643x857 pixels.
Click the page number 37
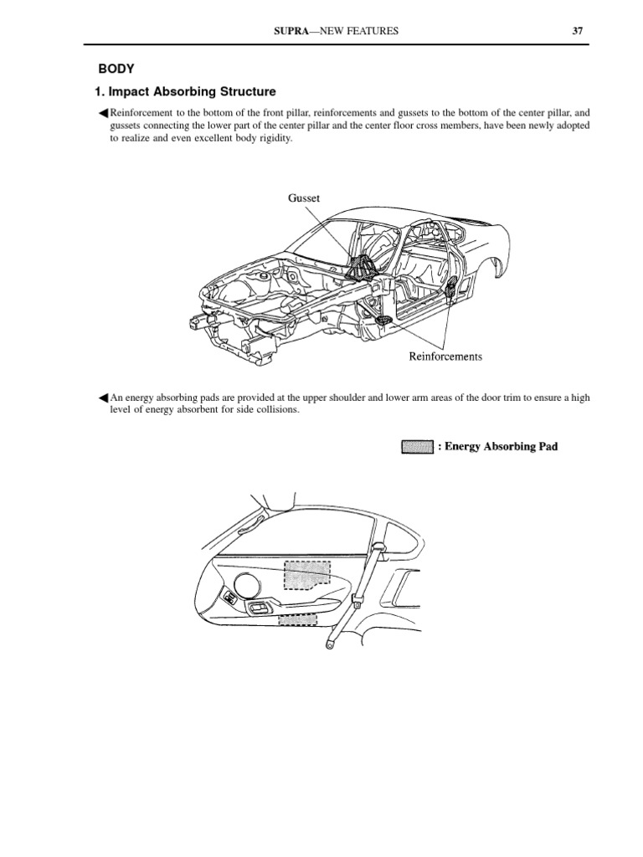[x=577, y=31]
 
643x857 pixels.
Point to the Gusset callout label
[x=304, y=198]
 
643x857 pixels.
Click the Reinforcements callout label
[x=445, y=357]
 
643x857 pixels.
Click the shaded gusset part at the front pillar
[x=362, y=265]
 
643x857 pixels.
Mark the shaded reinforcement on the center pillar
[x=451, y=290]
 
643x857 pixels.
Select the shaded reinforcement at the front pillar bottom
[x=383, y=322]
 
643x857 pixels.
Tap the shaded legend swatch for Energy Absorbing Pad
[x=416, y=447]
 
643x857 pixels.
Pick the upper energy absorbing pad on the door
[x=306, y=577]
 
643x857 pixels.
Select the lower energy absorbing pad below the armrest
[x=298, y=621]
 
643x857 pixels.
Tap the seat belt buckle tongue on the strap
[x=358, y=601]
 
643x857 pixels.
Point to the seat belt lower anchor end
[x=328, y=645]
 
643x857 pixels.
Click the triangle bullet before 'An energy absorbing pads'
[x=104, y=398]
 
